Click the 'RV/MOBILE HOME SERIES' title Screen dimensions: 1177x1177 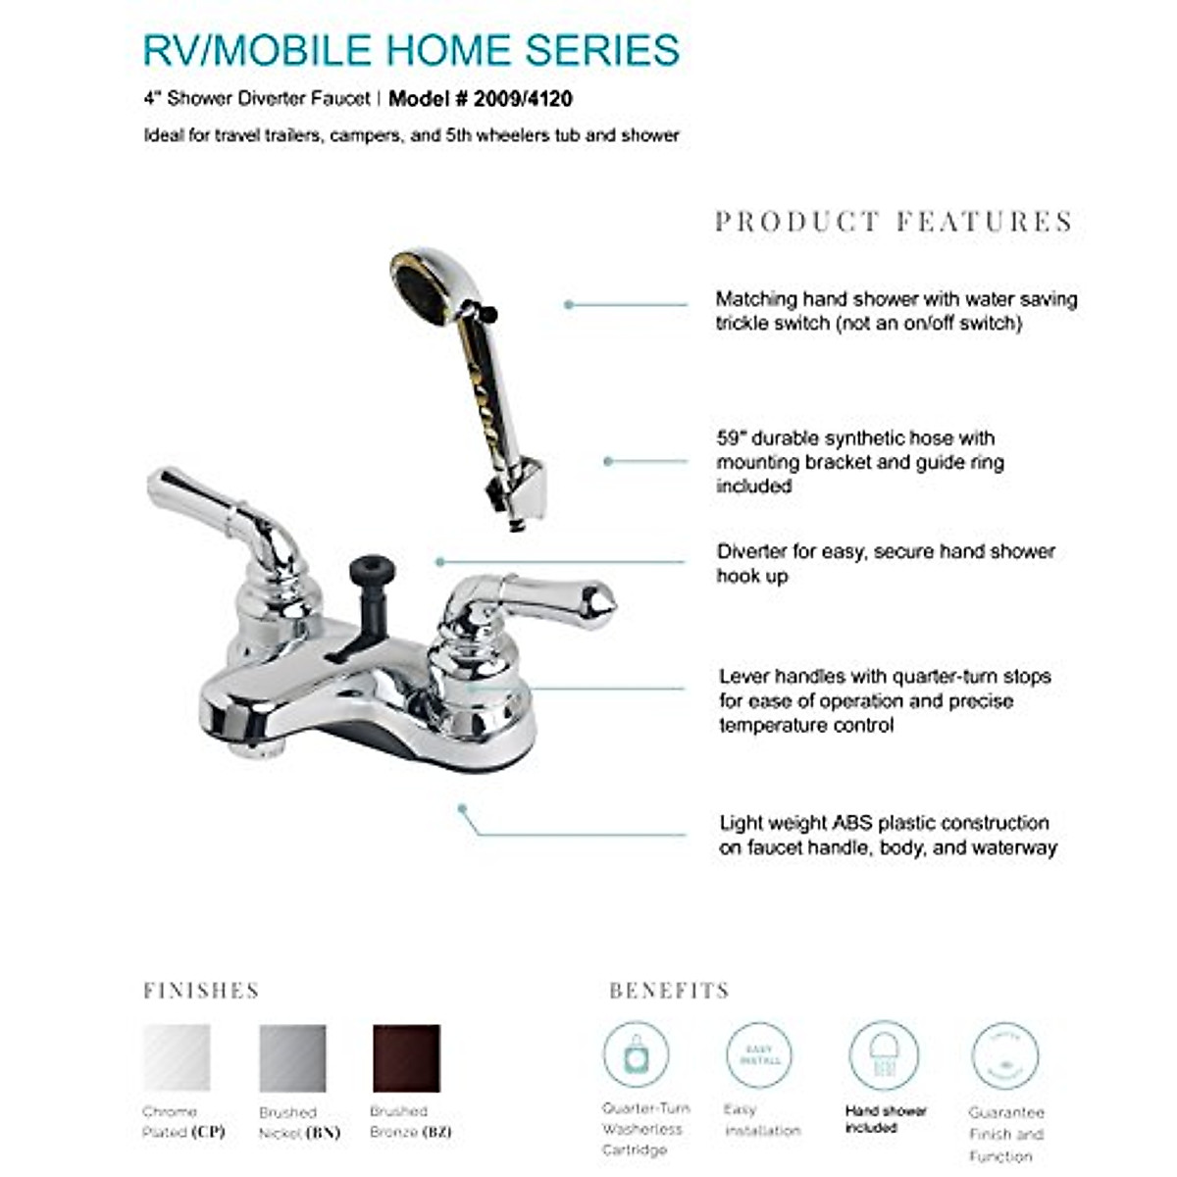point(411,50)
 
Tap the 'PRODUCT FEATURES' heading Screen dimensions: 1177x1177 point(894,222)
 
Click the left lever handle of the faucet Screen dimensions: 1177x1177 point(216,510)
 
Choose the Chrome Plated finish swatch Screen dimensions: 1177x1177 point(177,1058)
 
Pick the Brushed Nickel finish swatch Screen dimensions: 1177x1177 point(292,1058)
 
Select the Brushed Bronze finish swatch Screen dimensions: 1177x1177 point(406,1058)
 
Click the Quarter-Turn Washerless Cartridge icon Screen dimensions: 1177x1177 point(636,1055)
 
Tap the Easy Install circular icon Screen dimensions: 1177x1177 point(758,1055)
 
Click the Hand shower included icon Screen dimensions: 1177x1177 point(883,1055)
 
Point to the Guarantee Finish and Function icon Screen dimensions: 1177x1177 point(1004,1055)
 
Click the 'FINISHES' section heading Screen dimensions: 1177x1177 point(201,991)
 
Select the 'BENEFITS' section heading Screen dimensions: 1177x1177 point(669,991)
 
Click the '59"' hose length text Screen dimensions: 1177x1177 point(732,438)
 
